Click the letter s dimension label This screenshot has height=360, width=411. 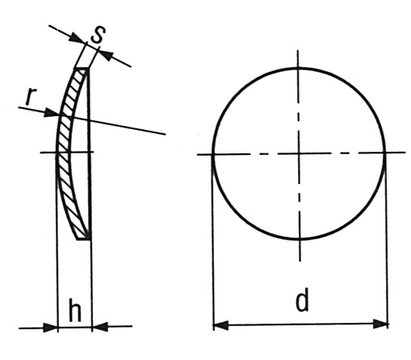pyautogui.click(x=98, y=35)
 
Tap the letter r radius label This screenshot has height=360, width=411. pyautogui.click(x=31, y=96)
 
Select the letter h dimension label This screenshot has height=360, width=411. pyautogui.click(x=75, y=309)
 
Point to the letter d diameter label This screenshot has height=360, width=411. pyautogui.click(x=302, y=302)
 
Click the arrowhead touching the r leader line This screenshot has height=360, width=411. pyautogui.click(x=52, y=113)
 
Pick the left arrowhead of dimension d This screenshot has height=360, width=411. pyautogui.click(x=220, y=325)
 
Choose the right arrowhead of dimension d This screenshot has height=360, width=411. pyautogui.click(x=380, y=324)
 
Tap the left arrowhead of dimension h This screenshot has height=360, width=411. pyautogui.click(x=50, y=328)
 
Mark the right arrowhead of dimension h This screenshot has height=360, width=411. pyautogui.click(x=100, y=327)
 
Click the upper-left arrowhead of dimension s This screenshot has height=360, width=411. pyautogui.click(x=78, y=38)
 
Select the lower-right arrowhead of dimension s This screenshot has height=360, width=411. pyautogui.click(x=105, y=54)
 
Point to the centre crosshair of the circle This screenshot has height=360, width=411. pyautogui.click(x=299, y=153)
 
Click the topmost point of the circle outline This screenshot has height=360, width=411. pyautogui.click(x=298, y=68)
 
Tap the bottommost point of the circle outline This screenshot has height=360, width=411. pyautogui.click(x=300, y=239)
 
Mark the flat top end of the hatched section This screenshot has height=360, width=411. pyautogui.click(x=82, y=69)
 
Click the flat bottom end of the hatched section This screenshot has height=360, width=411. pyautogui.click(x=83, y=239)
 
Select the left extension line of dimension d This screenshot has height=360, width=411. pyautogui.click(x=213, y=242)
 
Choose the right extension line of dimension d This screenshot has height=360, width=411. pyautogui.click(x=387, y=241)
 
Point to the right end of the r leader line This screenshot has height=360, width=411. pyautogui.click(x=166, y=134)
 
